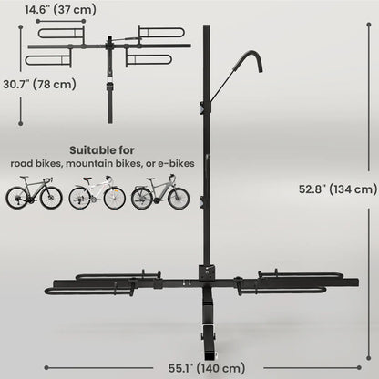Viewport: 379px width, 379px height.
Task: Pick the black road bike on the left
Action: tap(34, 196)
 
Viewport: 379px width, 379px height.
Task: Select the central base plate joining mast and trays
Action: tap(208, 274)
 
